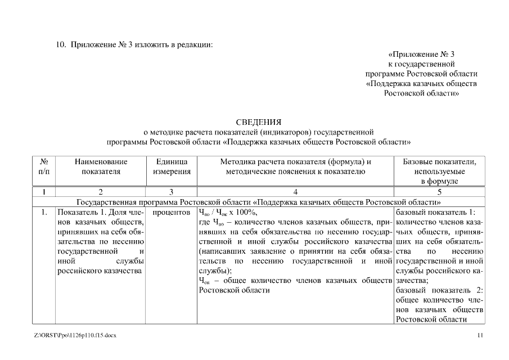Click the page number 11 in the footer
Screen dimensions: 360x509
[x=480, y=336]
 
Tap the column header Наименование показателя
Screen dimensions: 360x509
[x=101, y=167]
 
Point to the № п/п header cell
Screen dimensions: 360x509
[x=43, y=167]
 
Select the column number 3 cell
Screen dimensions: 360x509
[x=172, y=192]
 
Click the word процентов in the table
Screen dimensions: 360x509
[x=172, y=213]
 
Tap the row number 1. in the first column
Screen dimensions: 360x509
[x=43, y=213]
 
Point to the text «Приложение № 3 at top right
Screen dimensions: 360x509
[x=421, y=54]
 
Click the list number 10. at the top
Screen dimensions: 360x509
[x=61, y=44]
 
